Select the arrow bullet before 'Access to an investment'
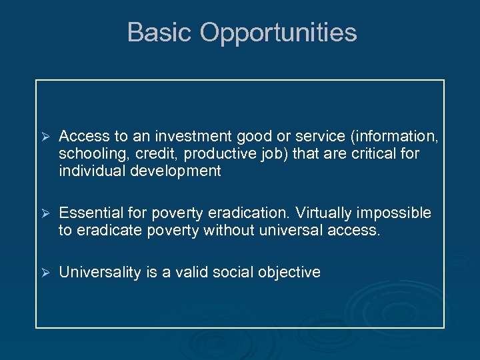[x=46, y=137]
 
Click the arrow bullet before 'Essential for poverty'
[x=46, y=213]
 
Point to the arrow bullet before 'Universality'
[x=46, y=273]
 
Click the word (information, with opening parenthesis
[x=397, y=137]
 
